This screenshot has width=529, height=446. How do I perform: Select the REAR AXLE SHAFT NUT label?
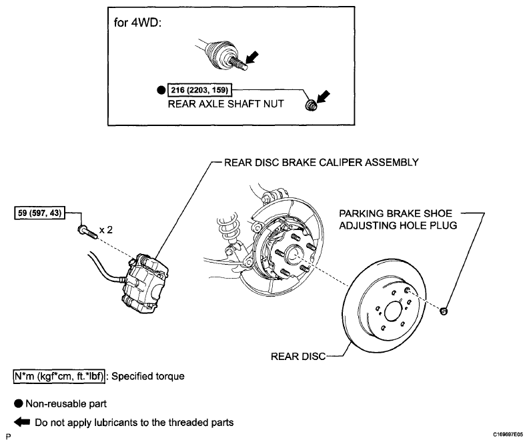click(225, 103)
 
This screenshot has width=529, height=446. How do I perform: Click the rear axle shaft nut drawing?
click(311, 105)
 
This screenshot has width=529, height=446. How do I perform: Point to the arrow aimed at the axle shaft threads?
click(251, 57)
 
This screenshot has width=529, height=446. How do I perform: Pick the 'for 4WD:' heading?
click(137, 23)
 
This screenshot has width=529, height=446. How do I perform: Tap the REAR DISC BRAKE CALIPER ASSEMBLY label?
click(321, 163)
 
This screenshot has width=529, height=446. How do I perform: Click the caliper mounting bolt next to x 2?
click(87, 232)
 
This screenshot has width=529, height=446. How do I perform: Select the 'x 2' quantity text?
click(106, 230)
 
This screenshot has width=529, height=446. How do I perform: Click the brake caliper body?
click(145, 284)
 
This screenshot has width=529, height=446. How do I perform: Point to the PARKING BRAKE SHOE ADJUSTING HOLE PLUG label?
click(398, 219)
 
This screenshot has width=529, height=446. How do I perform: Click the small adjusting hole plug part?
click(444, 311)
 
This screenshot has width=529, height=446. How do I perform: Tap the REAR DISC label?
click(298, 356)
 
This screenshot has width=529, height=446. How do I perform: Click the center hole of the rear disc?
click(393, 311)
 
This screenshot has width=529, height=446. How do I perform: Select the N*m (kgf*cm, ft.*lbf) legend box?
click(59, 376)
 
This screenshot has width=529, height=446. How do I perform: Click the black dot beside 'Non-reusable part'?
click(19, 403)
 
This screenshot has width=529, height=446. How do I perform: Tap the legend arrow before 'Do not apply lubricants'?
click(22, 422)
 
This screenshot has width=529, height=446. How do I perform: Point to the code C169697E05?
click(508, 435)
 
